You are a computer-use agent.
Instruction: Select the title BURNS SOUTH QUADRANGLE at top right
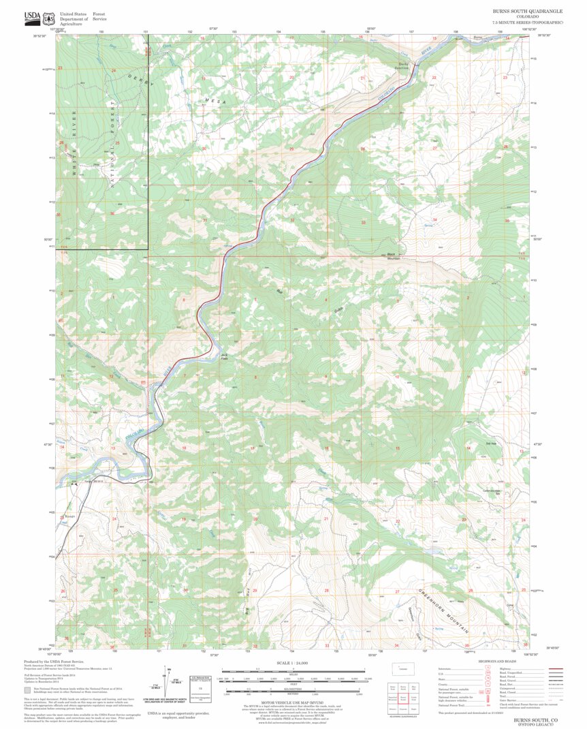(528, 12)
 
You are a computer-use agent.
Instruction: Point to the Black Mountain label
(394, 257)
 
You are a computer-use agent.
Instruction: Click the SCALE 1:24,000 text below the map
(293, 662)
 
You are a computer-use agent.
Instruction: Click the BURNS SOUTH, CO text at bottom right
(535, 719)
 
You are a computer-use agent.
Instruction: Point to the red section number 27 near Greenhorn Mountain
(397, 592)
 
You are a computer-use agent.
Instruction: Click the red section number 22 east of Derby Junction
(434, 78)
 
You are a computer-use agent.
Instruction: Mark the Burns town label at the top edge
(477, 37)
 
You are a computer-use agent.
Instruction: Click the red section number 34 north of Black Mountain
(434, 219)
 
